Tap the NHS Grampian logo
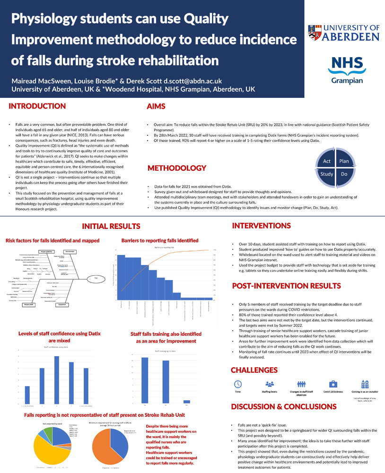point(347,69)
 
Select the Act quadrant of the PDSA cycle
point(327,161)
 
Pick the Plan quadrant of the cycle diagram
point(344,161)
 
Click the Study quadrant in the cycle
point(327,175)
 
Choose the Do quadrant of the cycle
point(344,175)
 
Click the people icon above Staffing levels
point(270,384)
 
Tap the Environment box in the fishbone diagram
point(70,251)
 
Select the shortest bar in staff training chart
point(186,401)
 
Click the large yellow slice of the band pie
point(50,453)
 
